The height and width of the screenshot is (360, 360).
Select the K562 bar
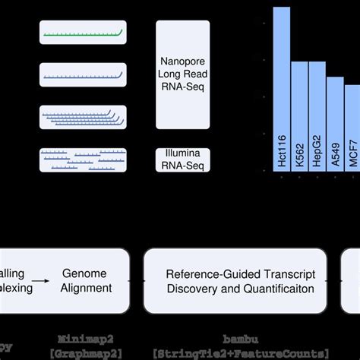pyautogui.click(x=299, y=117)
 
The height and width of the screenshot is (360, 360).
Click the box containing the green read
pyautogui.click(x=83, y=33)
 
